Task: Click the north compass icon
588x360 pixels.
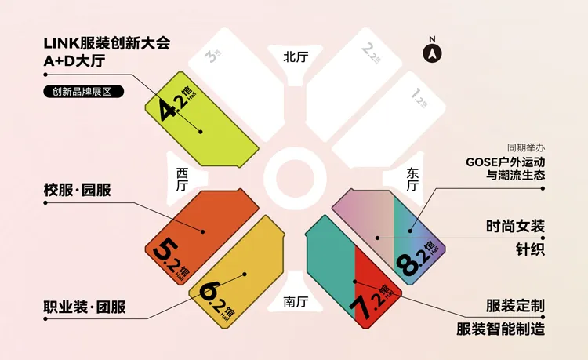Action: (432, 52)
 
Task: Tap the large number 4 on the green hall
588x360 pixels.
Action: (169, 110)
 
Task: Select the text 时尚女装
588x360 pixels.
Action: (515, 227)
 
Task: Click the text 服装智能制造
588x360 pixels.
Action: (501, 329)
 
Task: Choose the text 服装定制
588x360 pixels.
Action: (515, 306)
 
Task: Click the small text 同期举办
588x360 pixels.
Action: (525, 147)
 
